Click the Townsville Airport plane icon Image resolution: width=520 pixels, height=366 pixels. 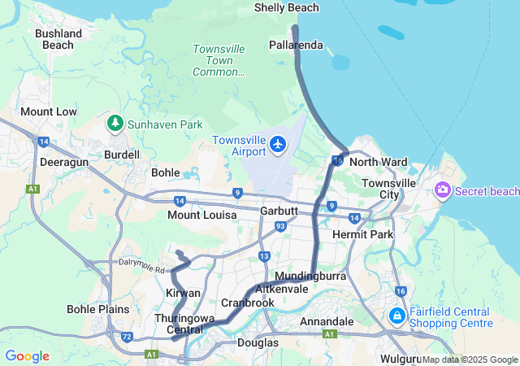(x=279, y=144)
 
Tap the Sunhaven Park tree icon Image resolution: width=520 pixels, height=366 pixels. (x=115, y=124)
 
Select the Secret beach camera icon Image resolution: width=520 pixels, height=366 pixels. (x=443, y=190)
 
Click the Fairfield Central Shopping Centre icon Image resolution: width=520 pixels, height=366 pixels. (x=397, y=316)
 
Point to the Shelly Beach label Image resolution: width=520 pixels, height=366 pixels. (x=286, y=8)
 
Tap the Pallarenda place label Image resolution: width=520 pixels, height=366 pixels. (x=297, y=45)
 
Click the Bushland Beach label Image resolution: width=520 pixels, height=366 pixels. (x=57, y=39)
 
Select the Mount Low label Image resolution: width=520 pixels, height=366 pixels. (x=49, y=111)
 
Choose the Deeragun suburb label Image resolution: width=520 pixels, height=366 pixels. (x=63, y=162)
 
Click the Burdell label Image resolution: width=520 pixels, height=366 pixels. (x=122, y=155)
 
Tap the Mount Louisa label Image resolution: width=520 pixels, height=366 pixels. (x=201, y=215)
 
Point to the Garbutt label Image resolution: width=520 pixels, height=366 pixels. (x=279, y=211)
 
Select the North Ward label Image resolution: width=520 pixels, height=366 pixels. (x=379, y=163)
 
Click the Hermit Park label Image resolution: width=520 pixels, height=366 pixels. (x=363, y=234)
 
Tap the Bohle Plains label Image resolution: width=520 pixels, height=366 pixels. (x=97, y=309)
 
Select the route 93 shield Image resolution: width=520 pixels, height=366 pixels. (x=279, y=226)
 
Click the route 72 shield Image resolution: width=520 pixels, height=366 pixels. (x=127, y=336)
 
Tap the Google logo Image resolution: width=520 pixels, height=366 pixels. (x=27, y=356)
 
